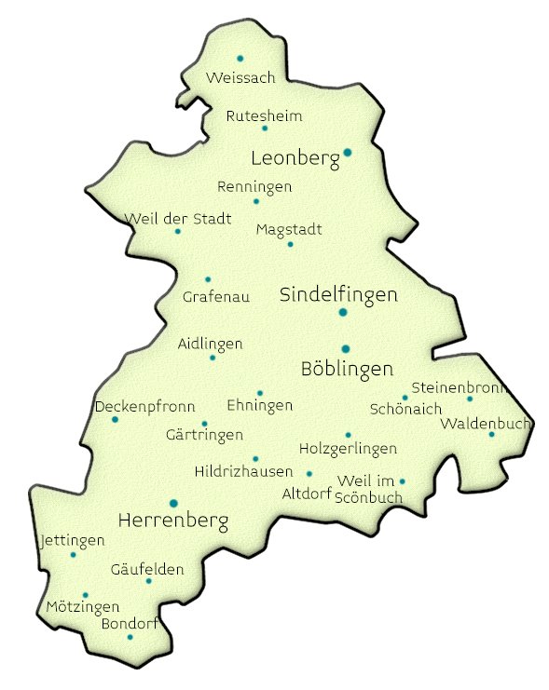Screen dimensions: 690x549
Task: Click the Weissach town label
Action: [241, 77]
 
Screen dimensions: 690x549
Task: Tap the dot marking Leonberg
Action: [347, 152]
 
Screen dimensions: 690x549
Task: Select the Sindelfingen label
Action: [338, 294]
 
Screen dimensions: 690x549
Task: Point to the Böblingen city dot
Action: [345, 349]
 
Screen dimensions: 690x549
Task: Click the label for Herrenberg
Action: [173, 521]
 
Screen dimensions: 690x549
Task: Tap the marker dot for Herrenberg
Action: [172, 503]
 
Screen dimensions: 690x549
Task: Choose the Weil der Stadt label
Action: [178, 219]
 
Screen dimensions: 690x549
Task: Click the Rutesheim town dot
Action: [265, 129]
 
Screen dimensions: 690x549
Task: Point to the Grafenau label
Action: [209, 297]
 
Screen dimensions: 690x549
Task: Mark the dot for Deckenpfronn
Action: [116, 420]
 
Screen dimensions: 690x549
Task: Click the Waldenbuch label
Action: [486, 424]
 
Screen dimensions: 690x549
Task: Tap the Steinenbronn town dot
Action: [470, 399]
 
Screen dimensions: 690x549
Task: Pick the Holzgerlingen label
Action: [348, 449]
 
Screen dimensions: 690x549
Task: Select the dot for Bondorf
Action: [130, 637]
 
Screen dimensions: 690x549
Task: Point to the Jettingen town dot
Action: [74, 555]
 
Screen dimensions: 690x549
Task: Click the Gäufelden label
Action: [147, 569]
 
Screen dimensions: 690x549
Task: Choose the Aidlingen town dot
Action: [213, 358]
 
